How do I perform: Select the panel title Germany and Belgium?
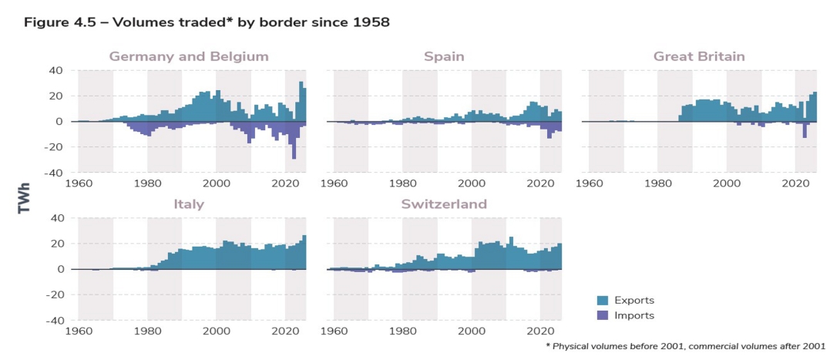coord(188,56)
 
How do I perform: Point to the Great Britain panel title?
coord(699,56)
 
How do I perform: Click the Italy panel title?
coord(188,204)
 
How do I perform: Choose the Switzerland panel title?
coord(444,204)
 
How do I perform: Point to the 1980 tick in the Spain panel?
coord(402,184)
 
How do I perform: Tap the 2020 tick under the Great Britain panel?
coord(795,184)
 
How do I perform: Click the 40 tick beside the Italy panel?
coord(55,218)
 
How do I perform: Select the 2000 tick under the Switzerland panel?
coord(472,332)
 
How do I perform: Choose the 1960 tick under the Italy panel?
coord(79,332)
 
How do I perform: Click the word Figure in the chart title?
coord(45,22)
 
